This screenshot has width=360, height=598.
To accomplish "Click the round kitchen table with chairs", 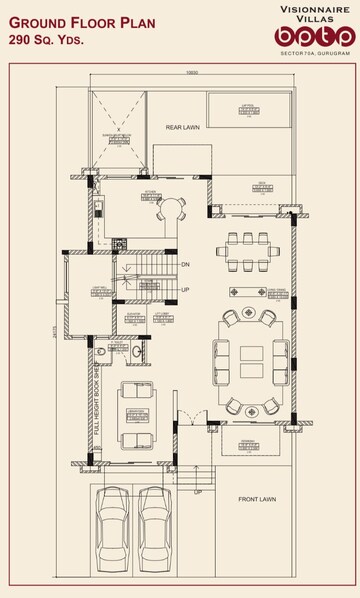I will click(x=170, y=210).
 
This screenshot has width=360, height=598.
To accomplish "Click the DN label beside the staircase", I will click(x=185, y=265).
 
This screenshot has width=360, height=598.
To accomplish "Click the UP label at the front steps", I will click(x=197, y=492).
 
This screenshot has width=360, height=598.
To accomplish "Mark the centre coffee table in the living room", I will click(x=248, y=360).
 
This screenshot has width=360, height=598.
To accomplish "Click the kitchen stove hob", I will click(x=118, y=242).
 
